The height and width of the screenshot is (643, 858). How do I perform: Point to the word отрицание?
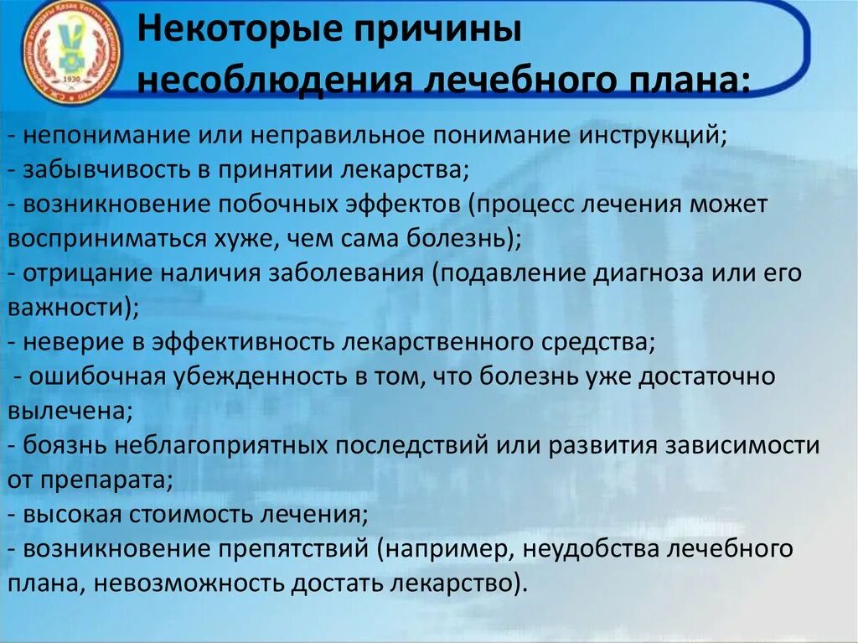coord(81,273)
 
